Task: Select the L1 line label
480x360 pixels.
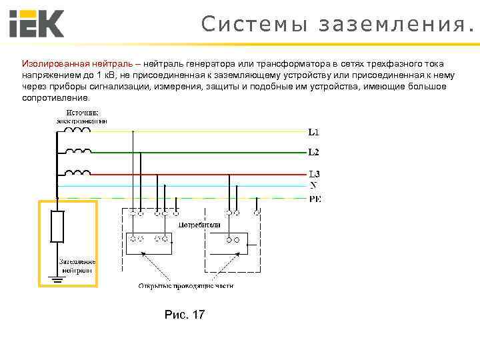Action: pyautogui.click(x=313, y=131)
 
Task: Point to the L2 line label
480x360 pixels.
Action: pyautogui.click(x=313, y=152)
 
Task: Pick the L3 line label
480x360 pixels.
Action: pyautogui.click(x=313, y=174)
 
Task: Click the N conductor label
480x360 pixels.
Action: pyautogui.click(x=313, y=185)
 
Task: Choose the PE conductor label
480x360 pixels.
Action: pyautogui.click(x=315, y=198)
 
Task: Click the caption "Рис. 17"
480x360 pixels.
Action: pyautogui.click(x=185, y=314)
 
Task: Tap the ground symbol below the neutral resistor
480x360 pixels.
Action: pyautogui.click(x=58, y=279)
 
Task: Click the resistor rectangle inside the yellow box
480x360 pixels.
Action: pyautogui.click(x=58, y=227)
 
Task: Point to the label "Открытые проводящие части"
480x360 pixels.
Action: pyautogui.click(x=186, y=286)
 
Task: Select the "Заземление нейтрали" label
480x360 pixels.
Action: pyautogui.click(x=77, y=266)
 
